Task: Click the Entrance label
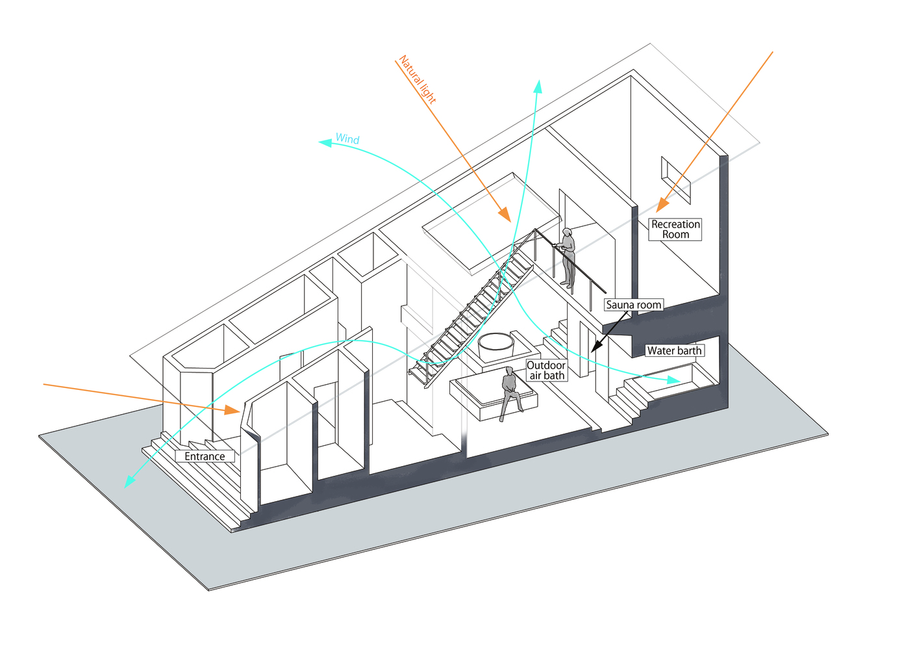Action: [205, 456]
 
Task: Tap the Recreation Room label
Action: [675, 229]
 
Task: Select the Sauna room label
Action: [633, 305]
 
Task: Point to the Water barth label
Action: [675, 351]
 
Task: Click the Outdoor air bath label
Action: [546, 370]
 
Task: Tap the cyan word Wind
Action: [347, 139]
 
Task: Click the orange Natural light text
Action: [418, 80]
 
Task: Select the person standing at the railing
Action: [568, 257]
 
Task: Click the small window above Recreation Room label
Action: [675, 178]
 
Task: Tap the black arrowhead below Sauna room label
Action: [595, 348]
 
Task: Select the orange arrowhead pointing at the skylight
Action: [503, 215]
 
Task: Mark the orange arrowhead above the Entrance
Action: [232, 410]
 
